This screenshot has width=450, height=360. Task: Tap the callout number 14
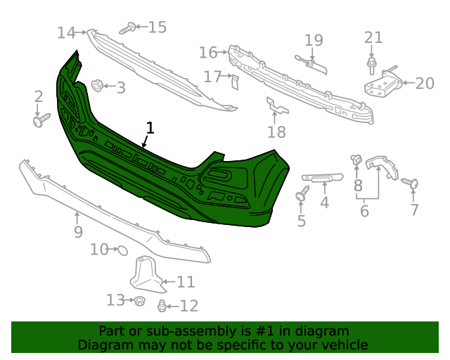pyautogui.click(x=66, y=32)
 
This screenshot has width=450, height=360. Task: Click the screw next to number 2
pyautogui.click(x=40, y=120)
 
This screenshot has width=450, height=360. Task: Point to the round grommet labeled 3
pyautogui.click(x=97, y=86)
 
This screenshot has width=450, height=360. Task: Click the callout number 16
pyautogui.click(x=208, y=52)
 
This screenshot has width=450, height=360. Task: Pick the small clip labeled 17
pyautogui.click(x=235, y=82)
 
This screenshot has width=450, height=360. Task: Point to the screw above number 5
pyautogui.click(x=302, y=193)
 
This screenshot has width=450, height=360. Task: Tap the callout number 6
pyautogui.click(x=364, y=211)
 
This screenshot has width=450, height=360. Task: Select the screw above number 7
pyautogui.click(x=411, y=184)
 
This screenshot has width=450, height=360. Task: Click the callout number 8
pyautogui.click(x=358, y=186)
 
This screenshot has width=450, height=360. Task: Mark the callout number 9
pyautogui.click(x=78, y=231)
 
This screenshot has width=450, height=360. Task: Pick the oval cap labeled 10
pyautogui.click(x=121, y=250)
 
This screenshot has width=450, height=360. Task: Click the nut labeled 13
pyautogui.click(x=139, y=301)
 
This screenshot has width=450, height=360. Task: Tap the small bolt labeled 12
pyautogui.click(x=162, y=305)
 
